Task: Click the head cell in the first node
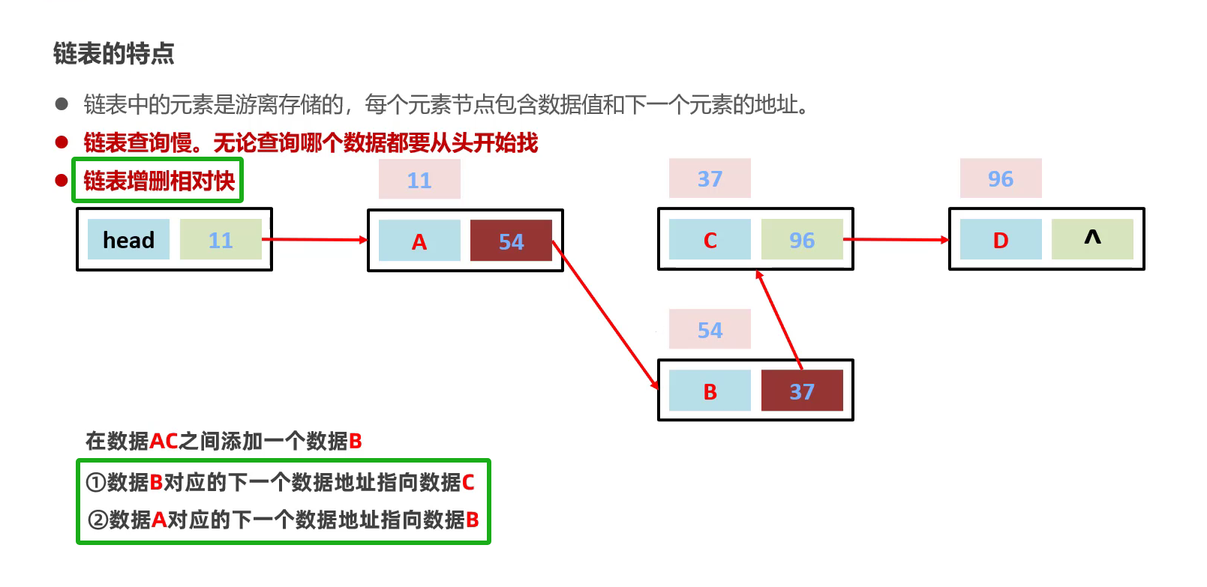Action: [128, 240]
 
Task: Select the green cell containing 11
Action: [221, 240]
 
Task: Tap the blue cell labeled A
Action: [419, 241]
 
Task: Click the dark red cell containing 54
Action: [511, 241]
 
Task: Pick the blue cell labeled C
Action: [710, 240]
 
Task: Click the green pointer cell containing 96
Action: [802, 240]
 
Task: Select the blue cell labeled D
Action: [1001, 240]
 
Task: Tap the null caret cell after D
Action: [1092, 239]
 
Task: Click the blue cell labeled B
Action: [710, 391]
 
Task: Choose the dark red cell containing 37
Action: [802, 391]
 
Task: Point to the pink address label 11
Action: [419, 180]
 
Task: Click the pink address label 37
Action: [710, 178]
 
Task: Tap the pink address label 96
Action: [1001, 178]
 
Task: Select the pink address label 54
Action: [710, 330]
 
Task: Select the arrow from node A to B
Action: [605, 315]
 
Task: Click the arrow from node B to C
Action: [779, 319]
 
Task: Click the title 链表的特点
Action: [114, 54]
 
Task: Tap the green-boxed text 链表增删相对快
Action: [158, 181]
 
